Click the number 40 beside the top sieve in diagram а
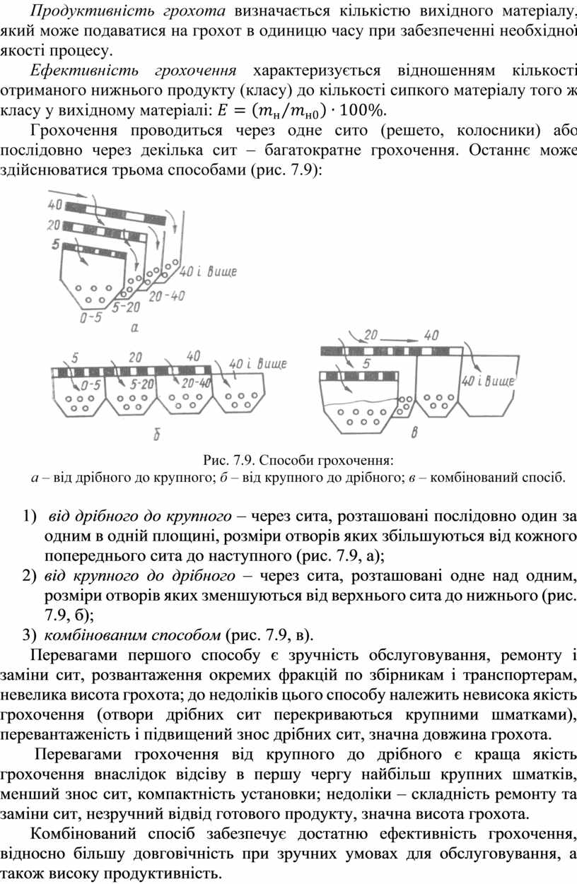pyautogui.click(x=55, y=205)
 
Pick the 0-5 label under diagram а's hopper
pyautogui.click(x=91, y=317)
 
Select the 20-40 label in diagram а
pyautogui.click(x=167, y=296)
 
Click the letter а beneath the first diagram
pyautogui.click(x=134, y=328)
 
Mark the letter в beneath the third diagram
pyautogui.click(x=414, y=433)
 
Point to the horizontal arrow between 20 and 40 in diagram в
pyautogui.click(x=400, y=340)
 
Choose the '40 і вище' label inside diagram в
pyautogui.click(x=488, y=381)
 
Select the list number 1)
pyautogui.click(x=29, y=516)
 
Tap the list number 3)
pyautogui.click(x=29, y=635)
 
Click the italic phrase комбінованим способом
pyautogui.click(x=132, y=635)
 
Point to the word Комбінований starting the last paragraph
pyautogui.click(x=83, y=834)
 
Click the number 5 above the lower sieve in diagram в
pyautogui.click(x=366, y=363)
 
